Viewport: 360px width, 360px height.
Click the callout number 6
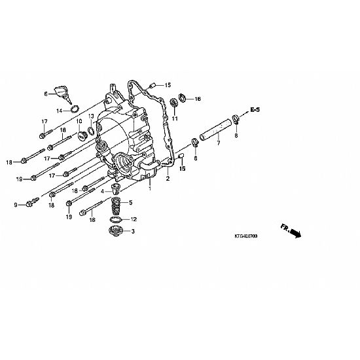point(46,94)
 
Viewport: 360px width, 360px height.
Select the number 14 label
point(59,111)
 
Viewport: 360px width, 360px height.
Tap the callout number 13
point(91,115)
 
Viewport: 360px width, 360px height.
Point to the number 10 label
point(79,121)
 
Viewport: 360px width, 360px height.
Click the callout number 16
point(198,99)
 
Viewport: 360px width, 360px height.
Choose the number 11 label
point(175,118)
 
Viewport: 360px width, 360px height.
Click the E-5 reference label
point(255,109)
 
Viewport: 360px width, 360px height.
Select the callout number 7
point(219,143)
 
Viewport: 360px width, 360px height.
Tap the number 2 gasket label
point(168,179)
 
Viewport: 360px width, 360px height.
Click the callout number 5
point(131,202)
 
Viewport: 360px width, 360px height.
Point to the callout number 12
point(134,219)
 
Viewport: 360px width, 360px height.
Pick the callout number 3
point(133,232)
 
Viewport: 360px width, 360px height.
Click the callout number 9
point(16,205)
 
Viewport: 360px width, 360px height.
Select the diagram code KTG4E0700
point(246,236)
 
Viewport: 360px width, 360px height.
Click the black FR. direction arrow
point(295,233)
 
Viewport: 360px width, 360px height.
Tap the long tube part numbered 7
point(215,130)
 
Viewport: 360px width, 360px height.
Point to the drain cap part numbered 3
point(116,230)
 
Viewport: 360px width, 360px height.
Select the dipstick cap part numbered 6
point(63,94)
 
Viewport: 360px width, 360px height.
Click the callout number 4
point(102,191)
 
